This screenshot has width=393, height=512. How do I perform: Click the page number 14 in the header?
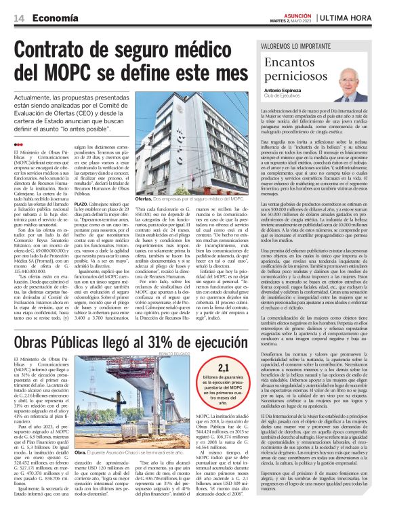click(x=17, y=18)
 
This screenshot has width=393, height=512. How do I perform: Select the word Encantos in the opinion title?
click(x=292, y=61)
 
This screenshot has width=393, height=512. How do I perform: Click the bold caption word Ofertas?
click(x=144, y=200)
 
